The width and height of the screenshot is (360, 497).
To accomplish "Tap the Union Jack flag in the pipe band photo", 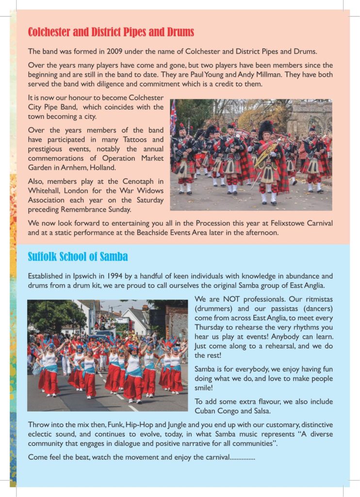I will click(173, 116).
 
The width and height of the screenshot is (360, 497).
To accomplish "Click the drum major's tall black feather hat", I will click(265, 130).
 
